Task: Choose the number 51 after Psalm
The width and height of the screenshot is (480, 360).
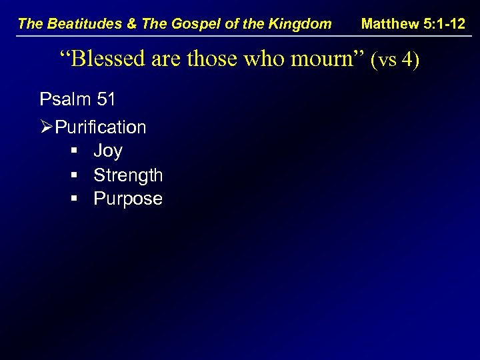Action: point(105,100)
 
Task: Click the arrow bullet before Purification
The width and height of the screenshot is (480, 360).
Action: point(47,127)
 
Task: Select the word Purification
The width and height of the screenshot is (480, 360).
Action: point(101,127)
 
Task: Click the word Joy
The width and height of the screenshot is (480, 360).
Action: point(108,151)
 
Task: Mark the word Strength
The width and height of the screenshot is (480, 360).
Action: point(128,175)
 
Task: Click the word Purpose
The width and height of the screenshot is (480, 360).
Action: point(128,199)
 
